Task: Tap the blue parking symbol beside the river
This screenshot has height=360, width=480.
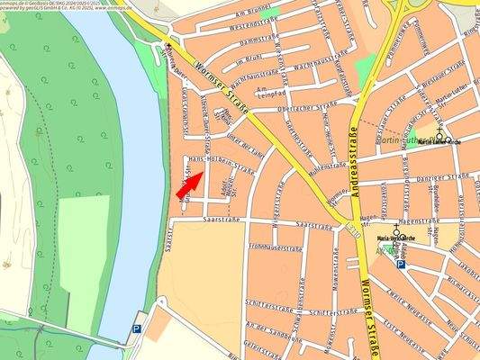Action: click(x=138, y=329)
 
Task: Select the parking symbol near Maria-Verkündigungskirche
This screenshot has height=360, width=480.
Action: click(x=401, y=265)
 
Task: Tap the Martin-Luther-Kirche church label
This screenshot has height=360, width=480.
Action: click(x=441, y=141)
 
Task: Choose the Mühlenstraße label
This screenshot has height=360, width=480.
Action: click(x=327, y=166)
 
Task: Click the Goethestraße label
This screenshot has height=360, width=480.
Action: click(x=294, y=135)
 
